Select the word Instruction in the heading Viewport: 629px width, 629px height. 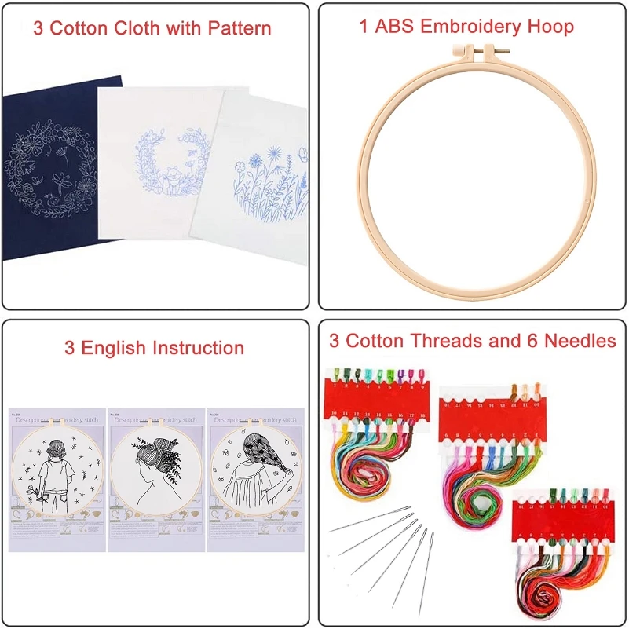click(x=198, y=348)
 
